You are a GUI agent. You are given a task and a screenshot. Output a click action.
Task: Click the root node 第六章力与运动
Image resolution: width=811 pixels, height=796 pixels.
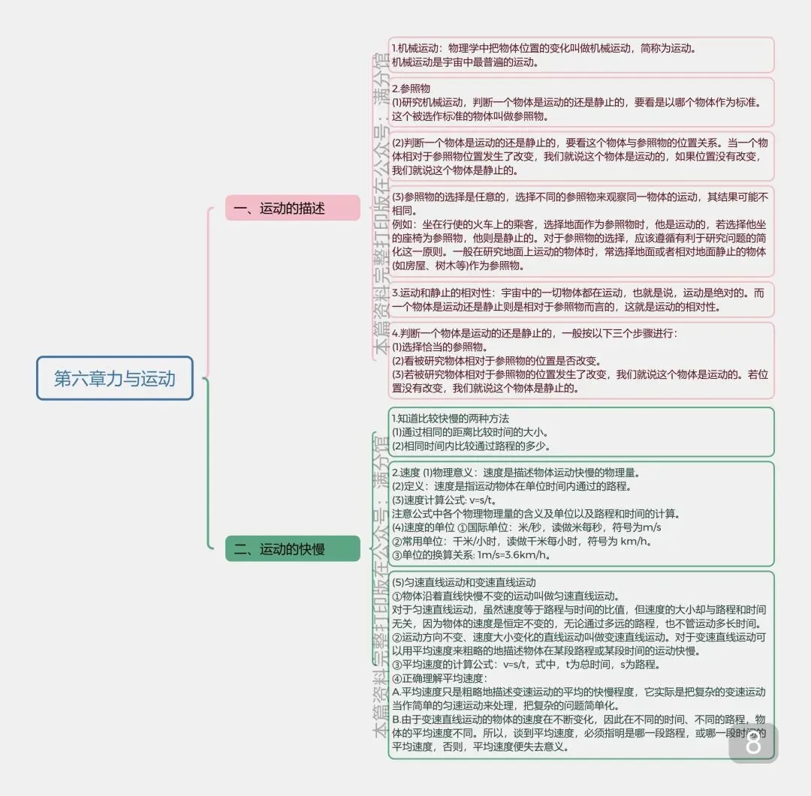tap(115, 378)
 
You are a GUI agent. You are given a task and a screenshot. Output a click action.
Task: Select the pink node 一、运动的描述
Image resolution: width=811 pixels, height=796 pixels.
tap(292, 209)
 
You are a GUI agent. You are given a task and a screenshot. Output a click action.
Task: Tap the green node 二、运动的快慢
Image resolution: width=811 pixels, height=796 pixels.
tap(292, 549)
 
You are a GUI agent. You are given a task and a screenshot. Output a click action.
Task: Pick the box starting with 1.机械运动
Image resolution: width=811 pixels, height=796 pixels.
tap(581, 56)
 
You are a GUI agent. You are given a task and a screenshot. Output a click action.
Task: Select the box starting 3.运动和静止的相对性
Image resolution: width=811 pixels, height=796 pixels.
tap(581, 300)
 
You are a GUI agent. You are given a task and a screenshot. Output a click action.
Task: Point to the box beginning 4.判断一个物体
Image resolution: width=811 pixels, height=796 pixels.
tap(581, 360)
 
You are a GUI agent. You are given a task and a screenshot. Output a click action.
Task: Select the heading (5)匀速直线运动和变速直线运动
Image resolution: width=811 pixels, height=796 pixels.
tap(464, 582)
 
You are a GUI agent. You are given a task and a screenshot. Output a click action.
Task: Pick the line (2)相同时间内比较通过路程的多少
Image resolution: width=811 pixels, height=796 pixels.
tap(472, 446)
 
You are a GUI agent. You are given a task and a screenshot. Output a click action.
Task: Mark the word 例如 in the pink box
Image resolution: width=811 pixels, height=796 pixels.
tap(403, 224)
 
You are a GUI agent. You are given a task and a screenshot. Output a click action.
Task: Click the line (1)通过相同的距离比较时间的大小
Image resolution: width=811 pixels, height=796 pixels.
tap(470, 432)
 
